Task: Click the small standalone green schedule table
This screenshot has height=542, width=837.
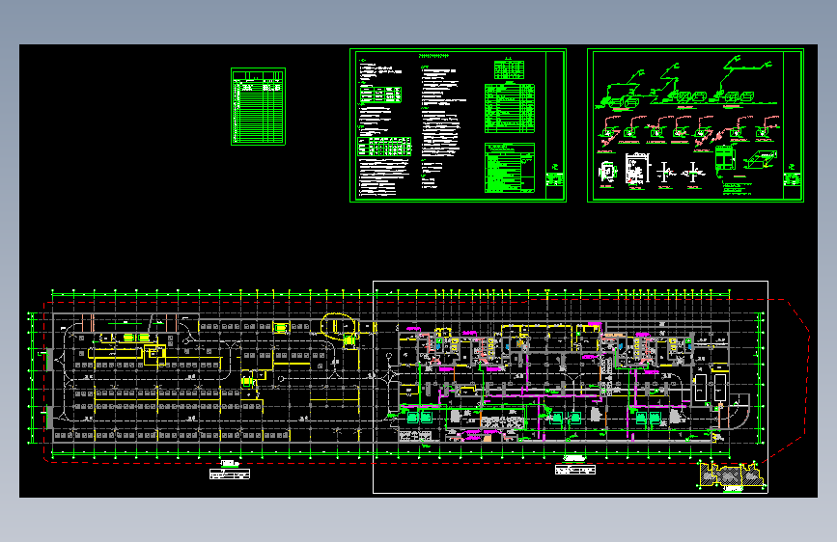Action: click(x=258, y=106)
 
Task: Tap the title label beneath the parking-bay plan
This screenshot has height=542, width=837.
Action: click(x=229, y=473)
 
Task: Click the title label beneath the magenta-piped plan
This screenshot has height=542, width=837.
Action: click(x=575, y=470)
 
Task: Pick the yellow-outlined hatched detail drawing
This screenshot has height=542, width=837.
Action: click(x=731, y=474)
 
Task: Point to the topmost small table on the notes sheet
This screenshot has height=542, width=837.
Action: click(x=509, y=69)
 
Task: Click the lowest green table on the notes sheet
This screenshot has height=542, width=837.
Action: click(x=509, y=170)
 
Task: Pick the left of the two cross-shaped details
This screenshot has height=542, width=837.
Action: click(x=665, y=174)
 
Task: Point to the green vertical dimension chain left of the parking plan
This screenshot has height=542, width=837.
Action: click(x=33, y=376)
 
